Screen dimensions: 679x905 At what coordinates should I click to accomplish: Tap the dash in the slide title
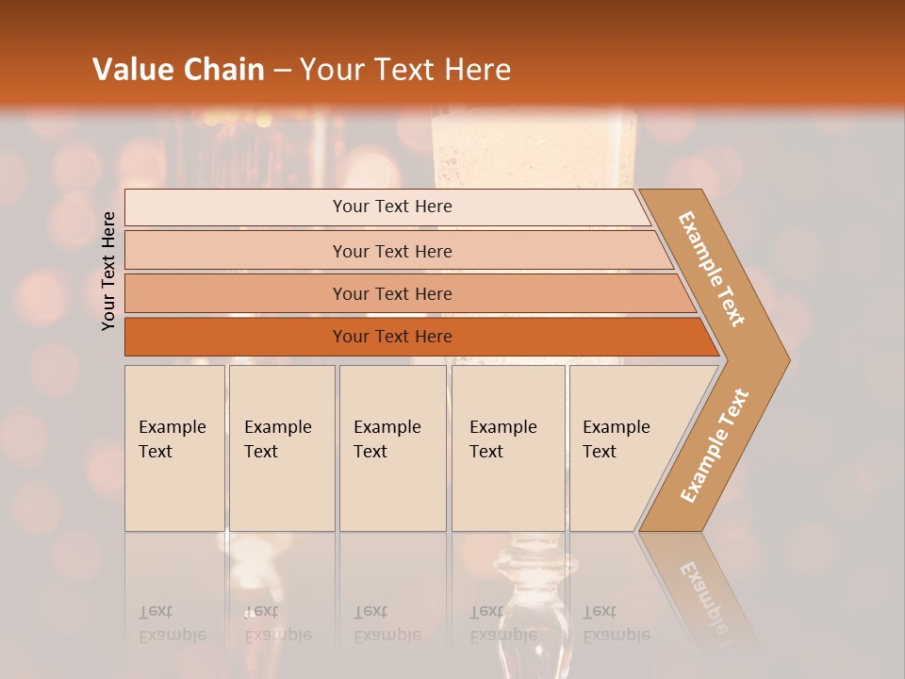282,71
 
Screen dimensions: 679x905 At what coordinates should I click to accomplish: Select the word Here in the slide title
477,70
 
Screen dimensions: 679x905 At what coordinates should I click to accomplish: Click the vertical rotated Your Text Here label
108,271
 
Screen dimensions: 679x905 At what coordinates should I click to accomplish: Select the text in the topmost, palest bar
392,207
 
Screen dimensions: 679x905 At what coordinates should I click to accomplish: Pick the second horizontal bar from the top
392,251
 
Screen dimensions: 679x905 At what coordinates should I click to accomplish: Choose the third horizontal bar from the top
392,293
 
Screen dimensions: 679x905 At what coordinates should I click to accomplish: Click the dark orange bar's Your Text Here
392,337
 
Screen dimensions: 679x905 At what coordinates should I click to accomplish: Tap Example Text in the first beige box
172,439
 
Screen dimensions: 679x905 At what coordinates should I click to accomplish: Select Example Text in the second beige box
277,439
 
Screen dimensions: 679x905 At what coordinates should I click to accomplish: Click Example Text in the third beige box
387,439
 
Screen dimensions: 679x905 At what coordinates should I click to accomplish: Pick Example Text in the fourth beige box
502,439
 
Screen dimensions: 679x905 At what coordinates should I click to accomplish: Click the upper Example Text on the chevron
712,269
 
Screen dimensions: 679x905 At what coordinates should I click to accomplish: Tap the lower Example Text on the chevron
715,445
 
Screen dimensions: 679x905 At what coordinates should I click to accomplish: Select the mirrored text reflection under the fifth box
616,624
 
